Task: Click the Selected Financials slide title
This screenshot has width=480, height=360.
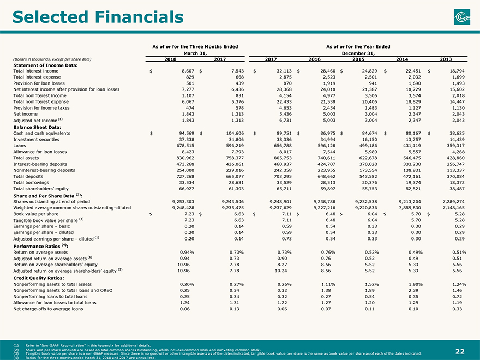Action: (98, 17)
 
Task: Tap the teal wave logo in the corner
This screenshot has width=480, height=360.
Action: (462, 17)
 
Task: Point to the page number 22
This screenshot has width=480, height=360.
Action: (460, 351)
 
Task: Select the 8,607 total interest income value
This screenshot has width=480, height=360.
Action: (188, 71)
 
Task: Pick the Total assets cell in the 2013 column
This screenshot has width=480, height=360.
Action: (455, 158)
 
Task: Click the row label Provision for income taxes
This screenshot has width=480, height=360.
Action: (41, 108)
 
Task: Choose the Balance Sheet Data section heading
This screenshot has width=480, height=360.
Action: (37, 127)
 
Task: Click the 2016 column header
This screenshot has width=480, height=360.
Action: (314, 59)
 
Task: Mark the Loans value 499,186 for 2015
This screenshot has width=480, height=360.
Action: (368, 146)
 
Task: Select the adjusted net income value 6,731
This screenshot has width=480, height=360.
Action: (285, 121)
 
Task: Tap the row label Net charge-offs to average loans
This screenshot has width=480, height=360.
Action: (48, 309)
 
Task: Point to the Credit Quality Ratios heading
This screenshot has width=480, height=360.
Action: (39, 278)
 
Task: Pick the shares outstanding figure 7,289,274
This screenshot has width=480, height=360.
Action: (454, 202)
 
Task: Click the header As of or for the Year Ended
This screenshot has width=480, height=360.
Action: (358, 46)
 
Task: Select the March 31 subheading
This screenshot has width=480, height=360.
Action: (195, 53)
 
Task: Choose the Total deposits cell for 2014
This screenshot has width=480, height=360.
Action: (412, 176)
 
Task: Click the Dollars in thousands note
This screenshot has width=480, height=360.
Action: (52, 59)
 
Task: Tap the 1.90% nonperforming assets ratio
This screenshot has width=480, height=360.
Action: (416, 284)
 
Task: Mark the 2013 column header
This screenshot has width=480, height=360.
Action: (446, 59)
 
